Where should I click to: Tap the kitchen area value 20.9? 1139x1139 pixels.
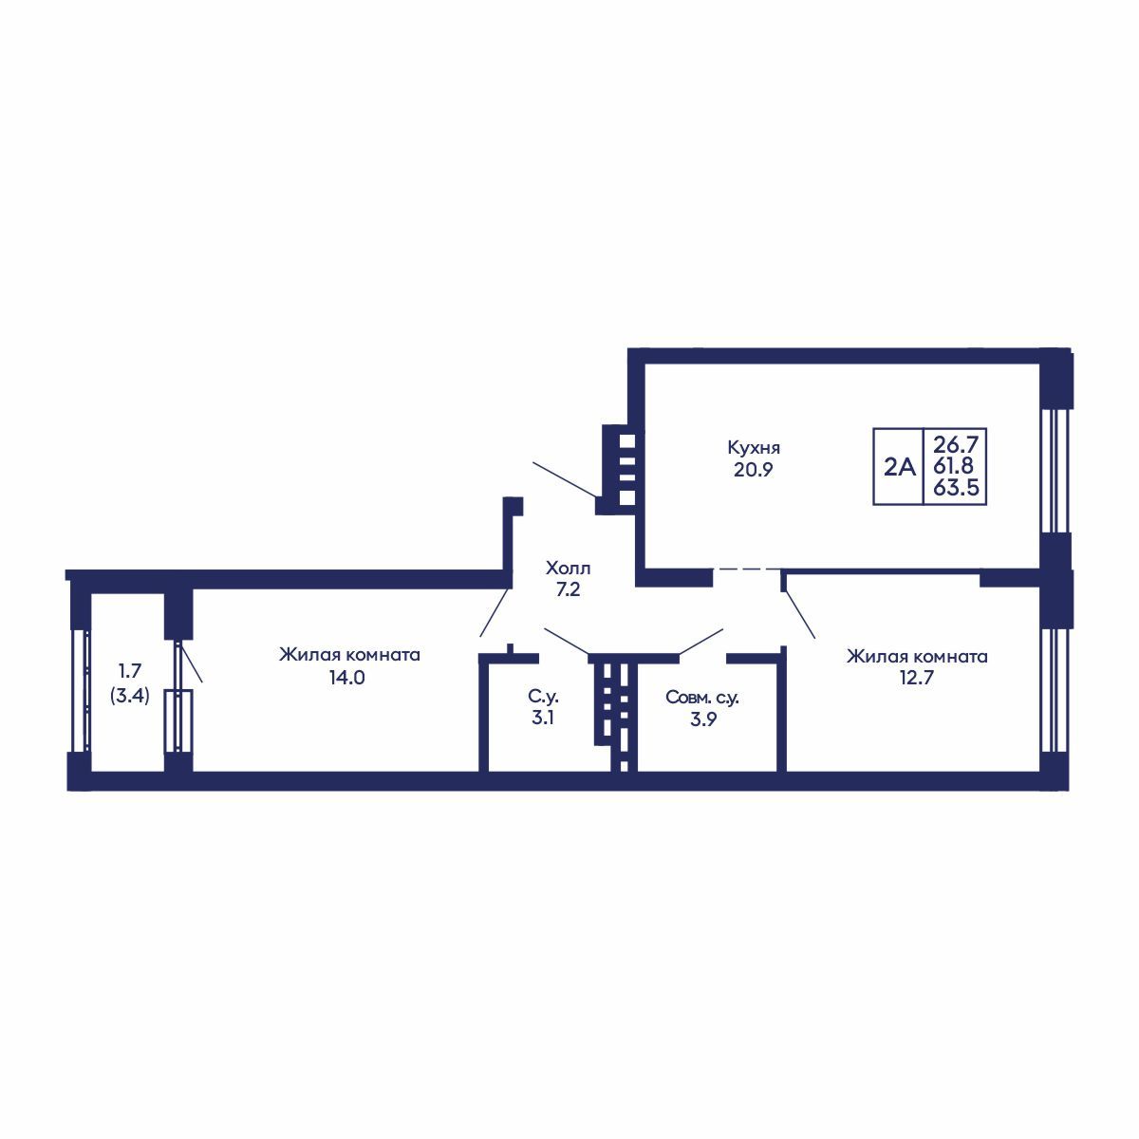754,471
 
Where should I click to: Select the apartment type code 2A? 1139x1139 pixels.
899,468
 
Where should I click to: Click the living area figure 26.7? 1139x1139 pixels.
956,442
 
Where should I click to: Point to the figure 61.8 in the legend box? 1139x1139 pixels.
953,466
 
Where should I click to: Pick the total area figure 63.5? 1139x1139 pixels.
956,488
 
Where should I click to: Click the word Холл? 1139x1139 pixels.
568,569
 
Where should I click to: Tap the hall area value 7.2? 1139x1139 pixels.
568,589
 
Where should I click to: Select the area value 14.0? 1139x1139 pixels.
347,678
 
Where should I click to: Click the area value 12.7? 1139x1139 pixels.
917,678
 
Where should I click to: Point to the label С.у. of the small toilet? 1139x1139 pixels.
543,698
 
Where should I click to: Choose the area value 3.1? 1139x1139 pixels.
543,719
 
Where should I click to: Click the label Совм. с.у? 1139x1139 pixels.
702,698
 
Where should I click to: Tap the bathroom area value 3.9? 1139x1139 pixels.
702,719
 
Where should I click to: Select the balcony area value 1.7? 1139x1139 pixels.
129,671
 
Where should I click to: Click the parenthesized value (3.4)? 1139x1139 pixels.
129,696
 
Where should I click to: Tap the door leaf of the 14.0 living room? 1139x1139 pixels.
495,612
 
